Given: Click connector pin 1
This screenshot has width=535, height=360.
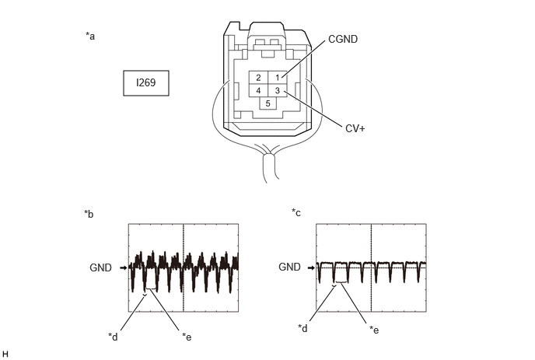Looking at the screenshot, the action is click(278, 78).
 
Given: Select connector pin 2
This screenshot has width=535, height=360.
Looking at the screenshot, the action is click(258, 78).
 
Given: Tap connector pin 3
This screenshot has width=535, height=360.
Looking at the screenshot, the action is click(278, 91).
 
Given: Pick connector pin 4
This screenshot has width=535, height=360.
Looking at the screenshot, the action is click(258, 91).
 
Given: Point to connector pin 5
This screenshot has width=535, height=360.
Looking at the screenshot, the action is click(267, 103).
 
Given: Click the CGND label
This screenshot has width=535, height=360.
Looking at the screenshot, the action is click(343, 39).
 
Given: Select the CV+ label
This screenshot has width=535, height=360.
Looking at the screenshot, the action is click(355, 128).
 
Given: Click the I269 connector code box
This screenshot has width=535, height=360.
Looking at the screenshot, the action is click(146, 83).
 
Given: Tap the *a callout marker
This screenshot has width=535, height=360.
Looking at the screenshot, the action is click(90, 36).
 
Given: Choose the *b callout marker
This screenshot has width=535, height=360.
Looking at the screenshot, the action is click(89, 214).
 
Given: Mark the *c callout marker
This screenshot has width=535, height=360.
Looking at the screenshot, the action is click(296, 212).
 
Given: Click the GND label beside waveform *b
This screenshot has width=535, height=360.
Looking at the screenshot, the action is click(100, 267).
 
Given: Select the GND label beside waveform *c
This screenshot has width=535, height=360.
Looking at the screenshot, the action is click(290, 267).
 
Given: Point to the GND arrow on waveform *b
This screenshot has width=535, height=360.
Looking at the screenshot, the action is click(124, 268).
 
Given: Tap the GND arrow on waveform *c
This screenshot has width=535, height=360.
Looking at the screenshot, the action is click(311, 268).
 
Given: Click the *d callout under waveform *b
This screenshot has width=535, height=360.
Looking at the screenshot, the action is click(113, 337).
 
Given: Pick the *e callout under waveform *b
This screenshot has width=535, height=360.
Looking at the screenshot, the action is click(187, 337).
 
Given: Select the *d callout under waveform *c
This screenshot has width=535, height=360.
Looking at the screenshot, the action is click(302, 328).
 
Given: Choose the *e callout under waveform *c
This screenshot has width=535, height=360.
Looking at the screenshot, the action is click(374, 330).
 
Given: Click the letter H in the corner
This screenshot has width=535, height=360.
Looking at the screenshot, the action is click(5, 355).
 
